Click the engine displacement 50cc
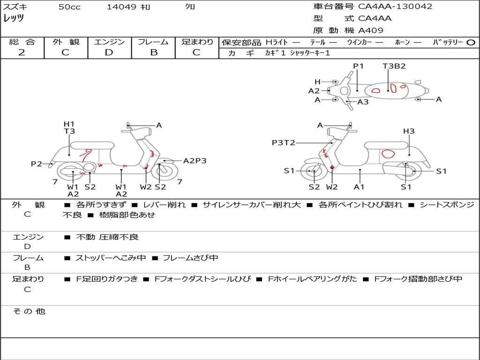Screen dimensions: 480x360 69,7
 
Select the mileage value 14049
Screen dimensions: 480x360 121,7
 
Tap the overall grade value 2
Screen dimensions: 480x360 22,52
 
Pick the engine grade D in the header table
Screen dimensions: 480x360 109,52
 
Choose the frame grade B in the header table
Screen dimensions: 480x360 153,52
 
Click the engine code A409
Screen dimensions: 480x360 371,30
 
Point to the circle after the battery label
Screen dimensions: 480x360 471,42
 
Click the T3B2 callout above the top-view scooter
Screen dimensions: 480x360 394,66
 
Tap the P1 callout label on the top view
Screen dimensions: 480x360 359,66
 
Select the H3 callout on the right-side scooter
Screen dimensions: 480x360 409,131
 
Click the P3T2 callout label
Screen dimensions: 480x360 284,142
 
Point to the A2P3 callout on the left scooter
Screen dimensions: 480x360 195,160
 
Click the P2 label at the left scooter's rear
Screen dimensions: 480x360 37,164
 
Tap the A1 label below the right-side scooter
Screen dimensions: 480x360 359,187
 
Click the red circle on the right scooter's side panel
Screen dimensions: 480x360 388,153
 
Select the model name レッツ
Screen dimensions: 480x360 14,18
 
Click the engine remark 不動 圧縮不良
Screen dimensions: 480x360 107,237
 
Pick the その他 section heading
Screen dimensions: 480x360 29,311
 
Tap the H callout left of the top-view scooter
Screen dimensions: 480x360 317,82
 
